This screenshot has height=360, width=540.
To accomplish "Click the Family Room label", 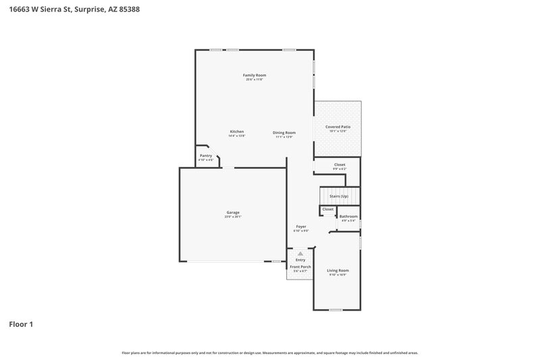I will point(254,75).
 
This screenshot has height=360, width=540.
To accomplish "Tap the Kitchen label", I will point(236,132).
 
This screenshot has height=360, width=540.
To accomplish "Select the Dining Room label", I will point(284,132).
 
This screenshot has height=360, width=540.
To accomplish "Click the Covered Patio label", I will point(337,126).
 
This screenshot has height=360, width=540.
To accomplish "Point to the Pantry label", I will point(206,156).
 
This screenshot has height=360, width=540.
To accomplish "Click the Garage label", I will point(233,213).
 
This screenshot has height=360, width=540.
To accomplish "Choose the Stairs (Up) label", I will point(339,196).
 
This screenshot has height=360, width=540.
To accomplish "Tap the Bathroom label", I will point(348,216).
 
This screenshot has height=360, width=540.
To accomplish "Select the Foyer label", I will point(301,226).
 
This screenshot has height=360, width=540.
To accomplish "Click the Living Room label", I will point(338,270).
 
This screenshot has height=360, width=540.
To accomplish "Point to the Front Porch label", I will point(300,267).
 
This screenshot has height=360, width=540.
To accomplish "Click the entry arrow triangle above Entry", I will point(300,253).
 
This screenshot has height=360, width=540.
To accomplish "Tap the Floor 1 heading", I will point(21,324).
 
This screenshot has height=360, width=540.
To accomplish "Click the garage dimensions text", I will point(233,217).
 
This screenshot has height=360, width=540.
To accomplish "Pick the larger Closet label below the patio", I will point(340,165).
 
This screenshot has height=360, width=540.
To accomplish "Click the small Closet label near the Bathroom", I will point(328,209).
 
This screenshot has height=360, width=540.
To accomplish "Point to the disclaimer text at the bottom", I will point(270,353).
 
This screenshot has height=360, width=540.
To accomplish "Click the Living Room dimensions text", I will point(338,275).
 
